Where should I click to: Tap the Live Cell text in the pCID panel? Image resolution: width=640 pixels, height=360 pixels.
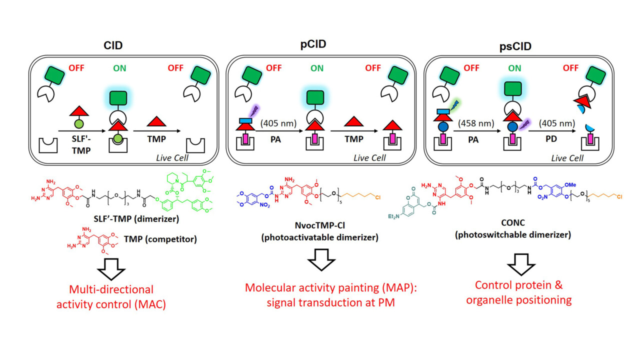click(369, 158)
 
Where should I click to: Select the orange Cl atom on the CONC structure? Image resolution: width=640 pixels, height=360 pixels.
click(619, 196)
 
